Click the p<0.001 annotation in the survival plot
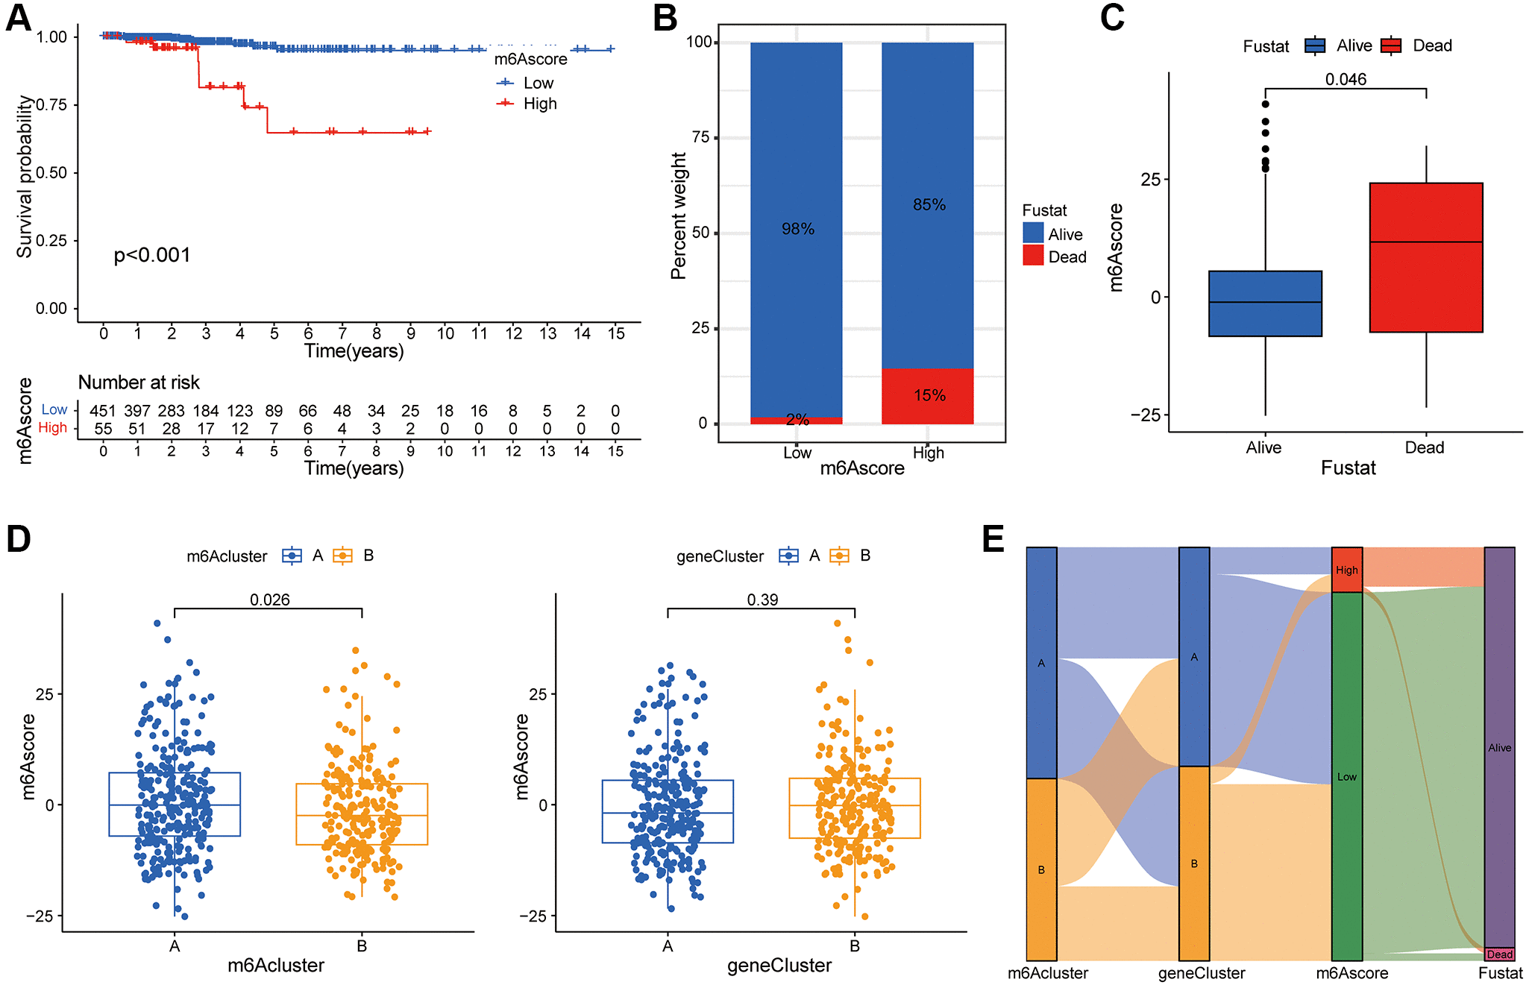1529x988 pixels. [x=152, y=255]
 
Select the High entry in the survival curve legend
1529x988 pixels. [x=539, y=104]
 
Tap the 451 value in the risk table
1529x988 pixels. [x=103, y=411]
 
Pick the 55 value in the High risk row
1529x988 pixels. [x=103, y=429]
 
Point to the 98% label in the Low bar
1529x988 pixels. [x=797, y=229]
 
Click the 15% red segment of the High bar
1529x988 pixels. [x=928, y=395]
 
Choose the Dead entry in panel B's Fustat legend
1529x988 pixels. [x=1067, y=257]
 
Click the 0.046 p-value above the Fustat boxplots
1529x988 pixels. [x=1346, y=79]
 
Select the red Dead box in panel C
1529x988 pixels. [x=1425, y=257]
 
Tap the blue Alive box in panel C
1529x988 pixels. [x=1265, y=303]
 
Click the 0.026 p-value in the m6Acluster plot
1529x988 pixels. [x=269, y=600]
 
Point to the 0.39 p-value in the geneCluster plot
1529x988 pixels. [x=762, y=600]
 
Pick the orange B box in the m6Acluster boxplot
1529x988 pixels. [x=362, y=814]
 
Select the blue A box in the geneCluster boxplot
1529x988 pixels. [x=668, y=811]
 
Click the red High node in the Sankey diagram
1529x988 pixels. [x=1347, y=570]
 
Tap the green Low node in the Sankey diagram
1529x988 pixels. [x=1347, y=776]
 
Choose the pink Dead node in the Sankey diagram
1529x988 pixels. [x=1499, y=954]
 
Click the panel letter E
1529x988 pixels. [x=993, y=538]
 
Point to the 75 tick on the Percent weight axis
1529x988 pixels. [x=700, y=137]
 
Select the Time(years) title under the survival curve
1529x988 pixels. [x=354, y=350]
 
